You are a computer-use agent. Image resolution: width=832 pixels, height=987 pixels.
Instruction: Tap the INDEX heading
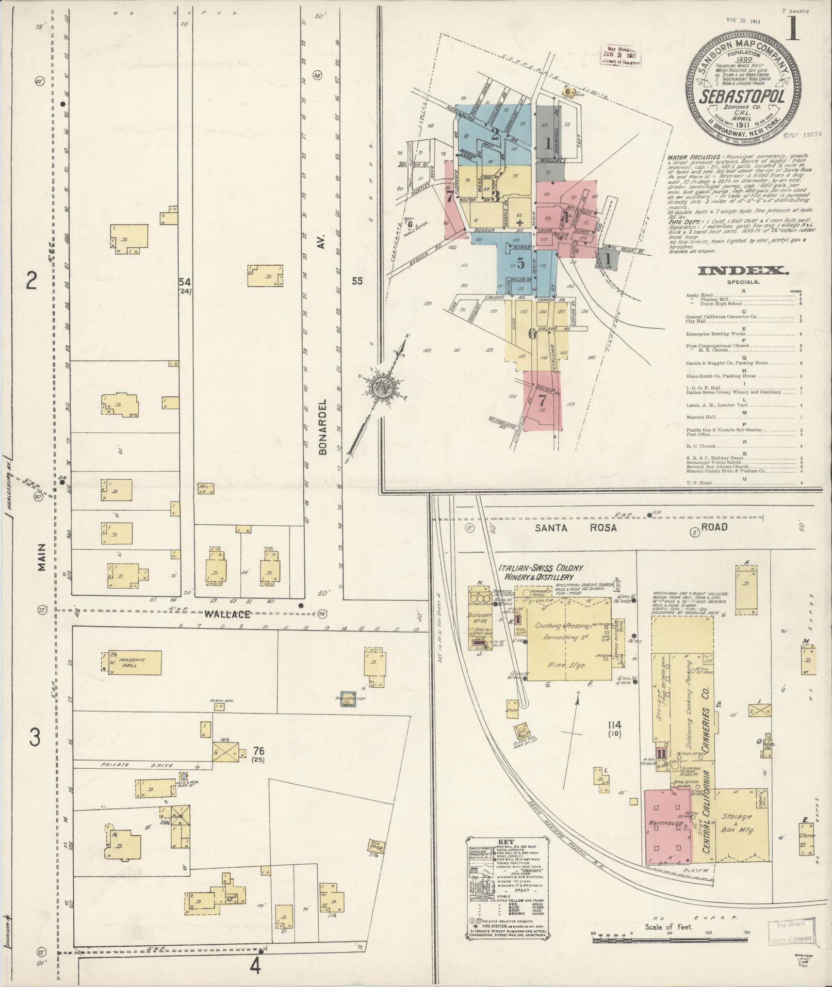point(743,270)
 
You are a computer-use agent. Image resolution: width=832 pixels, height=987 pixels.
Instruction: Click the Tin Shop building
point(374,846)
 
